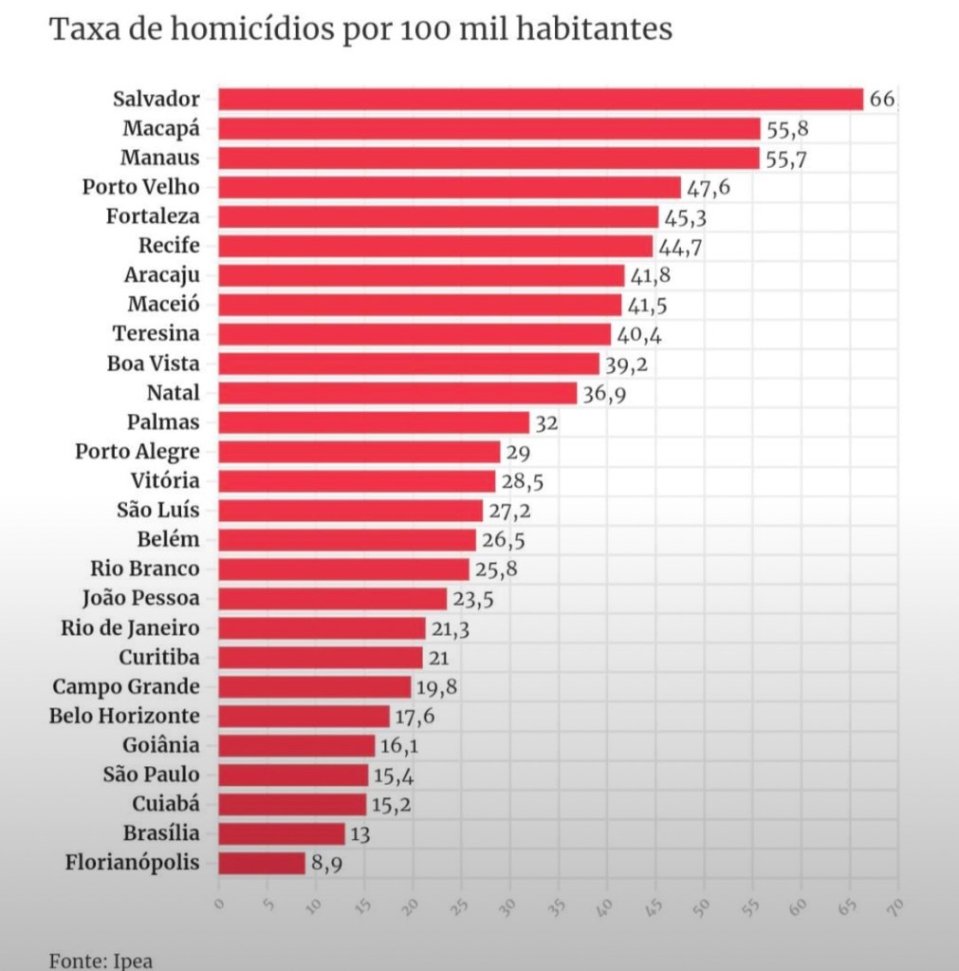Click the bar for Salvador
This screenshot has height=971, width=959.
(541, 99)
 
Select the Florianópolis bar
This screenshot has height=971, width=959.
(262, 863)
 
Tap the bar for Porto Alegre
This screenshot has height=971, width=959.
(360, 452)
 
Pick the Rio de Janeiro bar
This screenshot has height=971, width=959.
(322, 628)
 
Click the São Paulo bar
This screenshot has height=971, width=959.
(293, 775)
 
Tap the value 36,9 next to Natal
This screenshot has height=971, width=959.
(603, 393)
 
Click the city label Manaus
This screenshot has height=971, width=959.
(161, 158)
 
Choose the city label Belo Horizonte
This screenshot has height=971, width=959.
(124, 715)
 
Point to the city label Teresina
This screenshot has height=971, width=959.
(157, 333)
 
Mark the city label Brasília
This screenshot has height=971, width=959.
(161, 833)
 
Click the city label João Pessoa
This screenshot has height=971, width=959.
(141, 598)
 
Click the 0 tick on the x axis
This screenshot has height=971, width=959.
(218, 904)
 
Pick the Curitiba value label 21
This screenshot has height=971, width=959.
(438, 658)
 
